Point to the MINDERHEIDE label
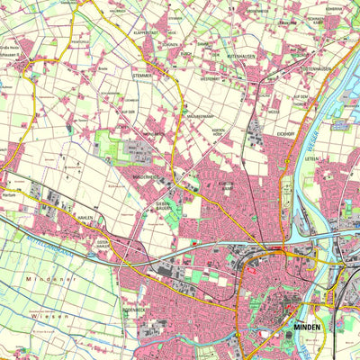(x=147, y=177)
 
